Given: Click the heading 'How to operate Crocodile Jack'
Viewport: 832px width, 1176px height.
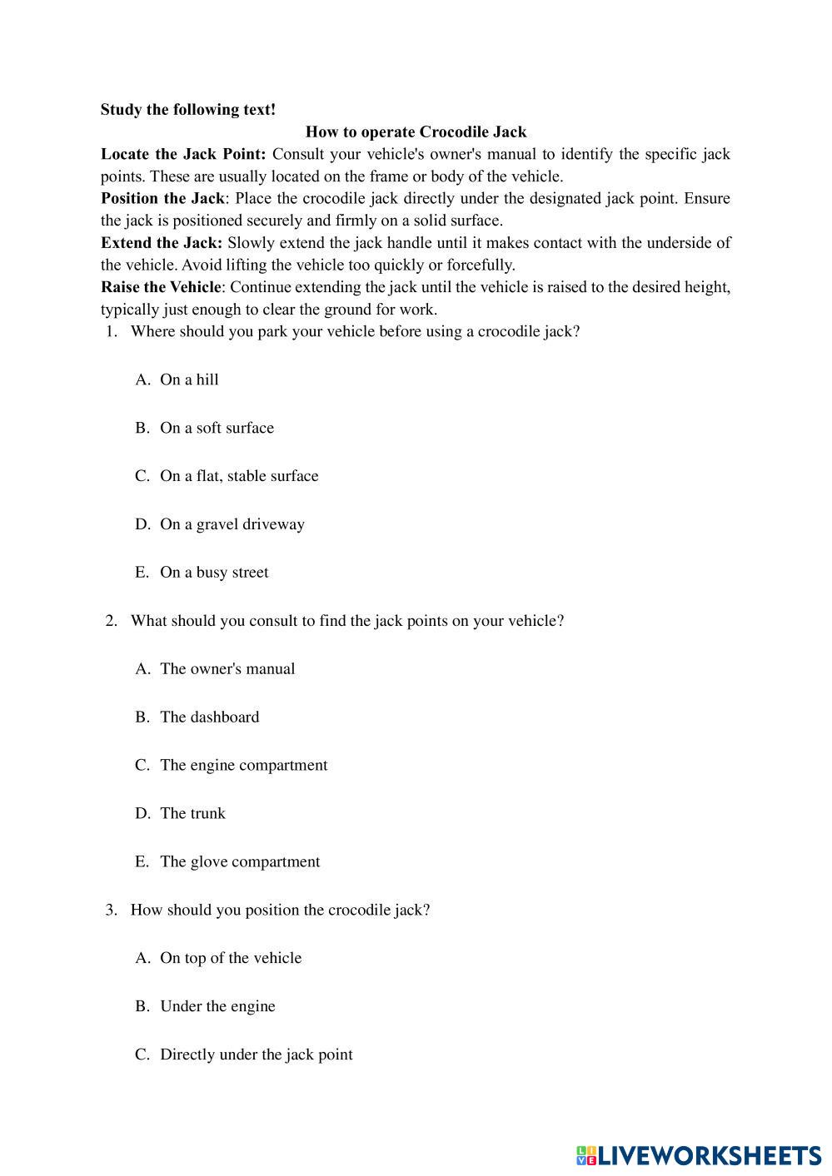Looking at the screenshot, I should pos(416,131).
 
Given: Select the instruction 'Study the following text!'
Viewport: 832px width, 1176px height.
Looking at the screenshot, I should pos(187,109).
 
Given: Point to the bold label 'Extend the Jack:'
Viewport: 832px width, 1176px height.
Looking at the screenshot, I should pos(162,243).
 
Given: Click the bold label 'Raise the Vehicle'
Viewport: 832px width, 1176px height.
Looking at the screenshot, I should pos(161,287).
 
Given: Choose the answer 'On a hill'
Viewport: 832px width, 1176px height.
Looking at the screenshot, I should pos(189,380).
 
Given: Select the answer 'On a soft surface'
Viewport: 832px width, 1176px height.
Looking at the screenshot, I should pos(217,428).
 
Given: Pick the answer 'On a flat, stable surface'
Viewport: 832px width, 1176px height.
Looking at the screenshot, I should pos(239,476).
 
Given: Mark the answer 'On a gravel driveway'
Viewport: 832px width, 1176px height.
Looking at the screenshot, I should pos(232,524).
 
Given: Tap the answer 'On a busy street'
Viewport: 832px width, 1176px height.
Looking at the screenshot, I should pos(214,573).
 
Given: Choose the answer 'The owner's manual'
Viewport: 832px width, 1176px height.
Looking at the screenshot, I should pos(227,669).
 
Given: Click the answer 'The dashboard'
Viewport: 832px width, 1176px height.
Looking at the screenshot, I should pos(209,717).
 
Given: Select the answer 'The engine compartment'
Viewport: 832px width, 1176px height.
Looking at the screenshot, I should pos(243,766).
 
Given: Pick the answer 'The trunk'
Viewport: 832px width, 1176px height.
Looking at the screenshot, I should pos(192,814).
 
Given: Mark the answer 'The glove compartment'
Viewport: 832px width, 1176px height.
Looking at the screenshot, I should pos(240,862).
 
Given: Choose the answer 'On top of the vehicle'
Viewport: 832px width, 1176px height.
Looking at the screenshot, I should pos(231,959).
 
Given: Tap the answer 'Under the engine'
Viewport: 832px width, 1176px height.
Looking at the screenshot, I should pos(217,1007).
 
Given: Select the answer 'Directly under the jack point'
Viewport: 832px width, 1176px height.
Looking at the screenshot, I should pos(256,1055).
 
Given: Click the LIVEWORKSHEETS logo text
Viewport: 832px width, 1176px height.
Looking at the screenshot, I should pos(709,1155).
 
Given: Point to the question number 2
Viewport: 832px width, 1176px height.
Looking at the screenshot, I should pos(111,621).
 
